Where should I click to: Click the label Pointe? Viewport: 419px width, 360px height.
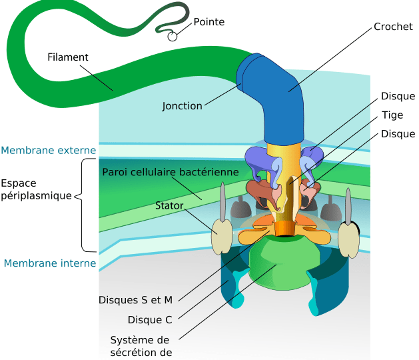tap(209, 22)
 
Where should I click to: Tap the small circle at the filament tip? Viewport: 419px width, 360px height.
tap(173, 37)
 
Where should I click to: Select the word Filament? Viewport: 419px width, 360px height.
tap(67, 57)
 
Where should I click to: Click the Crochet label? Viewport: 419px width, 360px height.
tap(393, 27)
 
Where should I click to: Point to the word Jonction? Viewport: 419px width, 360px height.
tap(182, 106)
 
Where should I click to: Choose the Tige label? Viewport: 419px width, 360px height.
tap(392, 115)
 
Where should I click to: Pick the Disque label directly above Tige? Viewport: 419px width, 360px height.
tap(398, 96)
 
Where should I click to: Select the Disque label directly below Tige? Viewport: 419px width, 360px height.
tap(398, 134)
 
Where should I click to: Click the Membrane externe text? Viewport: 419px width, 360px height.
tap(49, 150)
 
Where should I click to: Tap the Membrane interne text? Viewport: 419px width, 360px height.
tap(50, 263)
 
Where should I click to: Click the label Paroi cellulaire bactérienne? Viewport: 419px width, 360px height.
tap(171, 172)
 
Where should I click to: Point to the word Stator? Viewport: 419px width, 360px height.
tap(169, 205)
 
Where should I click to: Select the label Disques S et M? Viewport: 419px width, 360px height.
tap(135, 300)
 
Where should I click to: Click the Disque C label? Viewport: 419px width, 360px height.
tap(150, 320)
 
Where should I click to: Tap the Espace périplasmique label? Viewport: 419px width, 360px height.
tap(37, 189)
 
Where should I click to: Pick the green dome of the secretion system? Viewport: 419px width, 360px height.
tap(284, 263)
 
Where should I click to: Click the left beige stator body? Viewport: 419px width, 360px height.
tap(222, 237)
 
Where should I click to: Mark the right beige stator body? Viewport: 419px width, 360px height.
tap(348, 240)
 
